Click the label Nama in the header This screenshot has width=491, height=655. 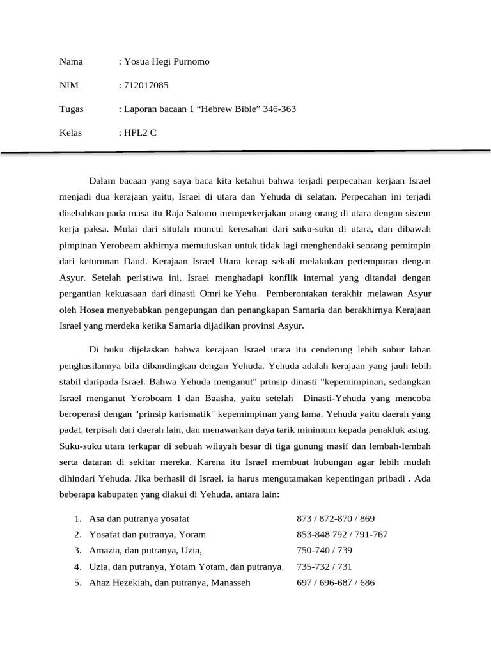71,61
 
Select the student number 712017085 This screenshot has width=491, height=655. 146,85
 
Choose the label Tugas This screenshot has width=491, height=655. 71,109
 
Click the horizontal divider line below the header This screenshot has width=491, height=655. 245,152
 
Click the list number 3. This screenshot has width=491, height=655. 77,550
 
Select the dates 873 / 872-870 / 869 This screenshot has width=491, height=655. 336,518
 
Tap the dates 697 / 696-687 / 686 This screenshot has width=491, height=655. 336,582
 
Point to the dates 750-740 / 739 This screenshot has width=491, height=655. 325,550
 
